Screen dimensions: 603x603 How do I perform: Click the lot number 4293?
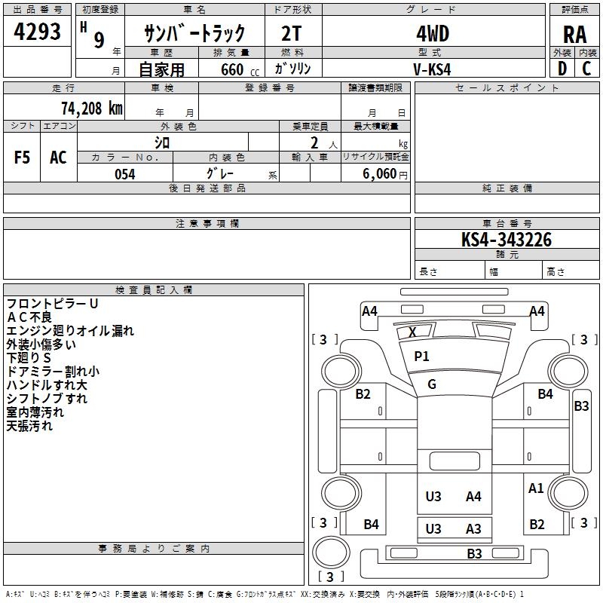pos(38,33)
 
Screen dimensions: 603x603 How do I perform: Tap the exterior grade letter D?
pos(562,68)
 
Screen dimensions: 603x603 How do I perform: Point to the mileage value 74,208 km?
pos(89,108)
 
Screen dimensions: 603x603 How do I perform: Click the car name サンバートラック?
pos(194,34)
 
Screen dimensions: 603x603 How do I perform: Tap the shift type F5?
pos(22,158)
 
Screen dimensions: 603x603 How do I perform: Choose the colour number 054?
pos(124,174)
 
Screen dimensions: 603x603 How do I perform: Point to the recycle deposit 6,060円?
pos(384,174)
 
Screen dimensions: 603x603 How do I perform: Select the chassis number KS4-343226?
pos(507,240)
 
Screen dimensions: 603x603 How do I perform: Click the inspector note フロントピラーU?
pos(53,303)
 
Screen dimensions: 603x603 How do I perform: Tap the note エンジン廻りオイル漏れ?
pos(70,330)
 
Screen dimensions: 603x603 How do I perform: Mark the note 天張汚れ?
pos(29,426)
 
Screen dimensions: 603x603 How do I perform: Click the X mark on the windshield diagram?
pos(412,332)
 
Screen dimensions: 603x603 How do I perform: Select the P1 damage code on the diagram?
pos(421,357)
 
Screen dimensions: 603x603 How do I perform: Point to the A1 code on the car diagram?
pos(536,488)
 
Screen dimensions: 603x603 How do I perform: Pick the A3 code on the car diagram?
pos(473,529)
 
